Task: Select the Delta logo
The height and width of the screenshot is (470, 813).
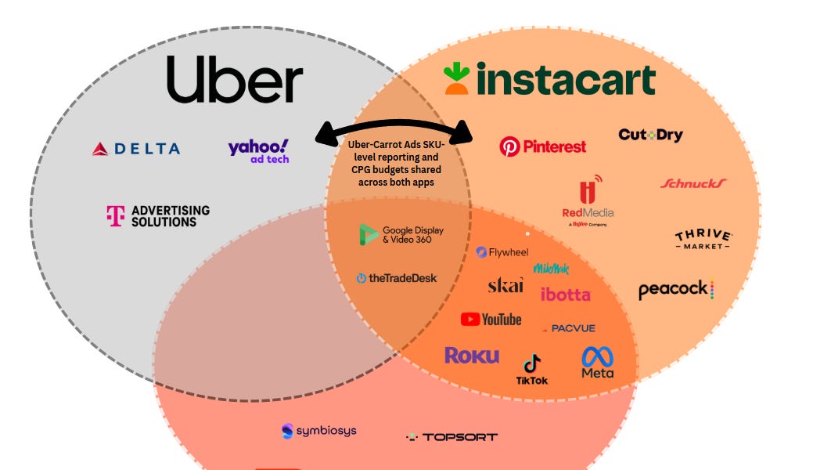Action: tap(136, 148)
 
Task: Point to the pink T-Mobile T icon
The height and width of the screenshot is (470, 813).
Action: tap(115, 216)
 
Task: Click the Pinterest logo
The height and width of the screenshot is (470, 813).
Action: tap(542, 146)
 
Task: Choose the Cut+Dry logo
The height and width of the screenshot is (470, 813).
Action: tap(650, 135)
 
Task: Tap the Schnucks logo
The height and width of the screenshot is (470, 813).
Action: tap(692, 183)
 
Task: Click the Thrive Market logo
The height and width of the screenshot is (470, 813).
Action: tap(703, 240)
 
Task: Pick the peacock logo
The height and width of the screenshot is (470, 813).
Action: tap(676, 290)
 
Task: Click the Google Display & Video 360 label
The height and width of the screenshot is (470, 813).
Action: tap(401, 234)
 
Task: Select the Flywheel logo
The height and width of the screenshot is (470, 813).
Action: tap(502, 252)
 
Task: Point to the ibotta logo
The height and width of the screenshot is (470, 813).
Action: tap(565, 295)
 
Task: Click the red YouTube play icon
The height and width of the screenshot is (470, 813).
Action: tap(470, 319)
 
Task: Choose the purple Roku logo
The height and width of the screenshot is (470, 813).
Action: tap(472, 356)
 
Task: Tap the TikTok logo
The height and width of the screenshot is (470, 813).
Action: tap(532, 369)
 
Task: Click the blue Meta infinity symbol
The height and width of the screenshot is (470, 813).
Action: tap(597, 357)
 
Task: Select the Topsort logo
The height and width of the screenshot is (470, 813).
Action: tap(451, 436)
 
